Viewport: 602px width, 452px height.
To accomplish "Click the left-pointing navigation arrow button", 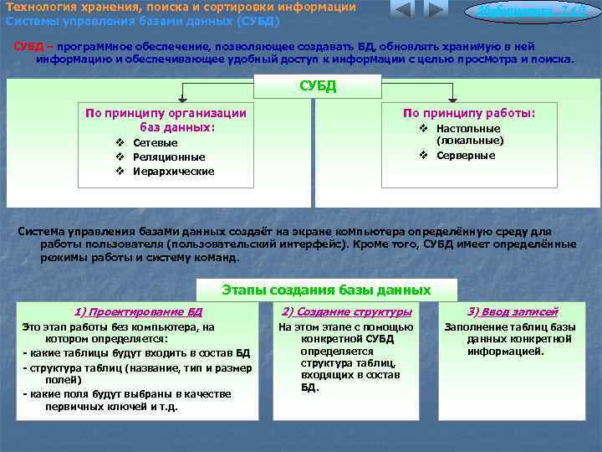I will coord(402,11).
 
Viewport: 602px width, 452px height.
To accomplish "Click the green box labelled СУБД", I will coord(318,85).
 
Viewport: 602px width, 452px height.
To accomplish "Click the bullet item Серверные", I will coord(465,156).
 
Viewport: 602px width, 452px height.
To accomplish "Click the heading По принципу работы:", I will coord(468,113).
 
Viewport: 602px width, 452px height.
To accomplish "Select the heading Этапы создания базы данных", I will coord(326,290).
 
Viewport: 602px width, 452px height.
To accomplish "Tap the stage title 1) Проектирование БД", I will coord(139,311).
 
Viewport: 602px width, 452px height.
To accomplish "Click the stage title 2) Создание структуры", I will coord(347,311).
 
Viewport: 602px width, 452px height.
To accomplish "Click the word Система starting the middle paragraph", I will coord(43,230).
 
